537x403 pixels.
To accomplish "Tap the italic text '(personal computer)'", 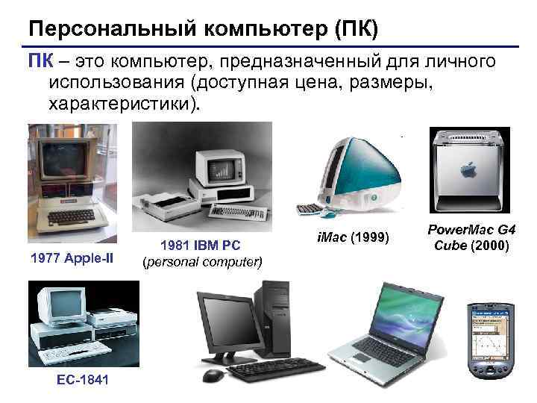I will [x=202, y=262].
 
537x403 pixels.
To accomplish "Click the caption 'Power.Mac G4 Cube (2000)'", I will [x=471, y=237].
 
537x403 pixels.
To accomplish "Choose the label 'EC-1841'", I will [x=82, y=380].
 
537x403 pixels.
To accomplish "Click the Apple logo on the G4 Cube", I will [x=471, y=169].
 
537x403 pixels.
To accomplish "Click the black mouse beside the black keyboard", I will [x=213, y=375].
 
